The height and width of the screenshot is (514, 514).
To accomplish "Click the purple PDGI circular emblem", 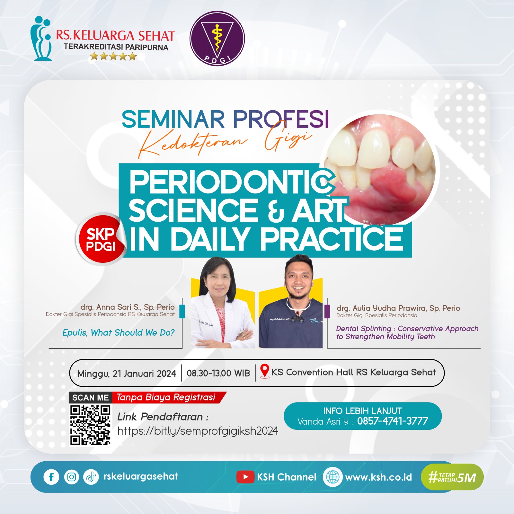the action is point(217,39).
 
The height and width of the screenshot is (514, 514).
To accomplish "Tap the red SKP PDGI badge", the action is point(101,239).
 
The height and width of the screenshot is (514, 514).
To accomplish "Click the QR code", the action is point(90,425).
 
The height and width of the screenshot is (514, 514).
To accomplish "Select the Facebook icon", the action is point(51,477).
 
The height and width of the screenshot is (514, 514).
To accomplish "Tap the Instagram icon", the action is point(72,477).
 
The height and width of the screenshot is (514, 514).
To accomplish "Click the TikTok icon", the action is point(91,477).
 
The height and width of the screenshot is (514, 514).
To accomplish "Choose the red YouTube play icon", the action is point(245,477).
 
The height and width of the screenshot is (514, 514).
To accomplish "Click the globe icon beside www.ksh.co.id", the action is point(332,477).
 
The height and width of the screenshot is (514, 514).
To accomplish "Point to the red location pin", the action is point(264,371).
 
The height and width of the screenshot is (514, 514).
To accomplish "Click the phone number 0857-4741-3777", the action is point(393,421).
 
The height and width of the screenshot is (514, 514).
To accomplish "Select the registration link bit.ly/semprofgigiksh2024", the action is point(198,431).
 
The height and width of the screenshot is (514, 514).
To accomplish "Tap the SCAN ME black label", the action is point(91,398).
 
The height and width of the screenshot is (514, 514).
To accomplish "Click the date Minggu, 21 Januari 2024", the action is point(127,374).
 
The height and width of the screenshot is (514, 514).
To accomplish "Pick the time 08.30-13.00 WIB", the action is point(218,373).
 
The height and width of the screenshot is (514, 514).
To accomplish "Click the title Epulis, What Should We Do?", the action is point(118,333).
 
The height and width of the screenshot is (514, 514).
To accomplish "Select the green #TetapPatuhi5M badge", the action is point(452,477).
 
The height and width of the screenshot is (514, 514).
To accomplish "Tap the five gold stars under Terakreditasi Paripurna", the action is point(113,57).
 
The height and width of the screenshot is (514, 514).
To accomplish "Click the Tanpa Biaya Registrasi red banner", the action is point(168,398).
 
